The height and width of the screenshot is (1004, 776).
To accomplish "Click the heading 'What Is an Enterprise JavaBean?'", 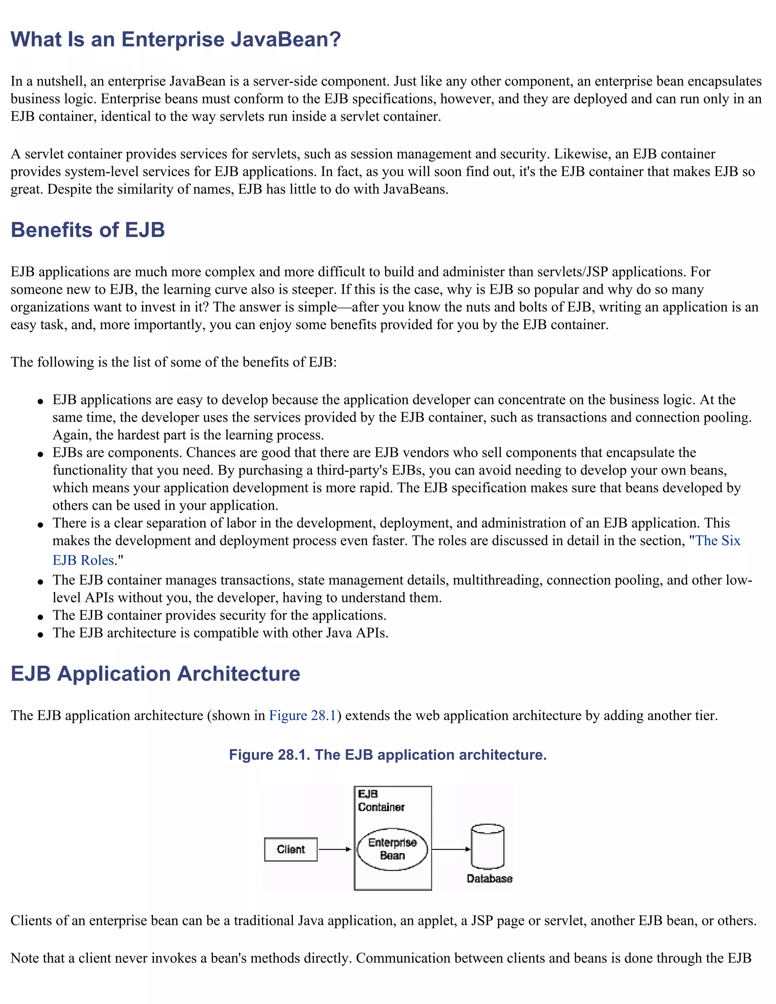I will (x=175, y=39).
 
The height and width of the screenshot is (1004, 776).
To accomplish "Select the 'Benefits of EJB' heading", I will (x=88, y=230).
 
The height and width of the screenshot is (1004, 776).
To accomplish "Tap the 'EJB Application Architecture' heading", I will (x=155, y=674).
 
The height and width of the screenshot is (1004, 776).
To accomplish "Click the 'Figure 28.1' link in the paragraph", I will (x=302, y=715).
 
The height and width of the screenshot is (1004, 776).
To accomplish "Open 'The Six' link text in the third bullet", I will (x=718, y=541).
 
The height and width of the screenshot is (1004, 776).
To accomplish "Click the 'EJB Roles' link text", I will (x=83, y=560).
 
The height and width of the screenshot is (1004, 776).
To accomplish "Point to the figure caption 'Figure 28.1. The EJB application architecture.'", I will (x=388, y=755).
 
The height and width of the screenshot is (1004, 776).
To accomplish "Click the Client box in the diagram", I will (x=291, y=849).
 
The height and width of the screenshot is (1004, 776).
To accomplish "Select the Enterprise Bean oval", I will (x=392, y=849).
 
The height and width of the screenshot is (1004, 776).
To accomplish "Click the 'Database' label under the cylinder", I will (x=489, y=879).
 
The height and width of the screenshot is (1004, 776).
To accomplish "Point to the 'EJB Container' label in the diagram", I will (x=381, y=800).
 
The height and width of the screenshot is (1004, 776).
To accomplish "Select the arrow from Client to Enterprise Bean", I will (x=335, y=849).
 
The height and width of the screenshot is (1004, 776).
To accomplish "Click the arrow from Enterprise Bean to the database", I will (x=451, y=849).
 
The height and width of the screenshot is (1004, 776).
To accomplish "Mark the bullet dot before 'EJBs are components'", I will (x=41, y=454).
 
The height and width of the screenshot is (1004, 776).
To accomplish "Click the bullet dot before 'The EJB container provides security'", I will (x=41, y=617).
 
